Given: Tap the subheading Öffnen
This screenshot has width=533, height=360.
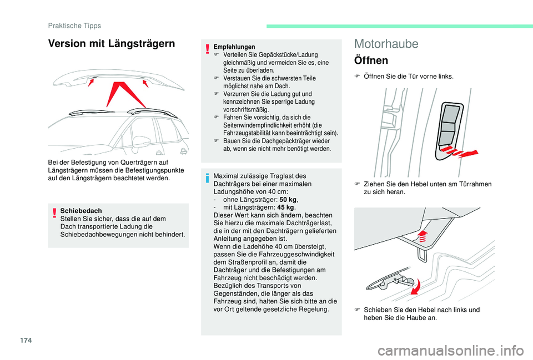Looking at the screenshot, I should click(x=371, y=60).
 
